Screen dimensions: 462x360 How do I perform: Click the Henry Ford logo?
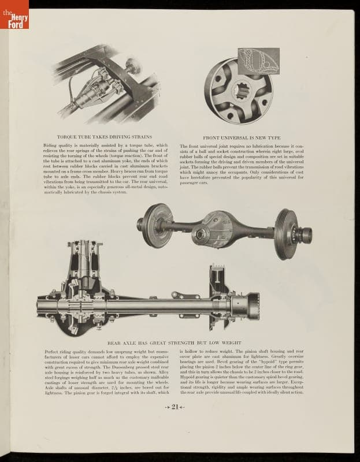[x=14, y=15]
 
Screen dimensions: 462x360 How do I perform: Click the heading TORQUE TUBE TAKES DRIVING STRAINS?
[x=105, y=137]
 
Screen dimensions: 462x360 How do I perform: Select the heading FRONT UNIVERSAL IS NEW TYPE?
[x=242, y=138]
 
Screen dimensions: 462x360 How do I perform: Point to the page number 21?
[x=175, y=407]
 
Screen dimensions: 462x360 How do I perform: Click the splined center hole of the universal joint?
[x=239, y=91]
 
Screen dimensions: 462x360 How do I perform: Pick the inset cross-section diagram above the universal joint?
[x=258, y=61]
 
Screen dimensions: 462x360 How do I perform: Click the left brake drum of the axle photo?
[x=156, y=224]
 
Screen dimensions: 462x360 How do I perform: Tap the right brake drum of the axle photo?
[x=287, y=233]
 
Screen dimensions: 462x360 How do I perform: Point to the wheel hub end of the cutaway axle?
[x=246, y=305]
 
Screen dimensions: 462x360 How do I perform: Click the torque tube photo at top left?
[x=107, y=87]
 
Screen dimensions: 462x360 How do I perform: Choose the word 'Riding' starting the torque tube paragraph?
[x=51, y=146]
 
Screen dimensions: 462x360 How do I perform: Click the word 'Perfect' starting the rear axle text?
[x=53, y=351]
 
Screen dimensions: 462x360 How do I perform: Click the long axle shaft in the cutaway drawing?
[x=162, y=305]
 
